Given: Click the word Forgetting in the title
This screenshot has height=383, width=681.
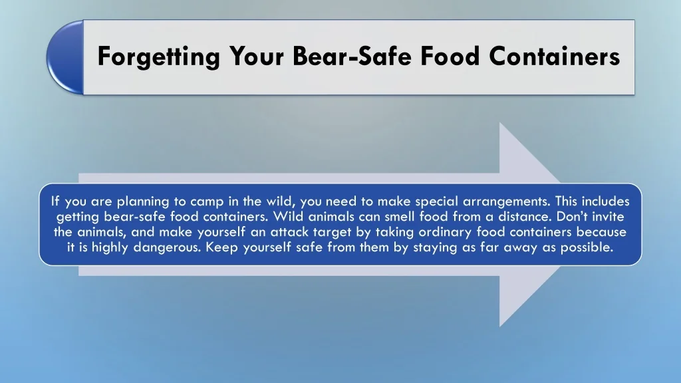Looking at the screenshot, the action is click(x=158, y=57).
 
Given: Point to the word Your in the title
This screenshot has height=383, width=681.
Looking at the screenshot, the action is click(x=256, y=56).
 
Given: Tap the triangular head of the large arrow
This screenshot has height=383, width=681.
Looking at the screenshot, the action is click(x=530, y=225).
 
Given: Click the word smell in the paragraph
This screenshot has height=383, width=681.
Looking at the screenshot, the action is click(x=400, y=216).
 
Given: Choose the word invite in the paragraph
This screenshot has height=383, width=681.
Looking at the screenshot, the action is click(x=608, y=216).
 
